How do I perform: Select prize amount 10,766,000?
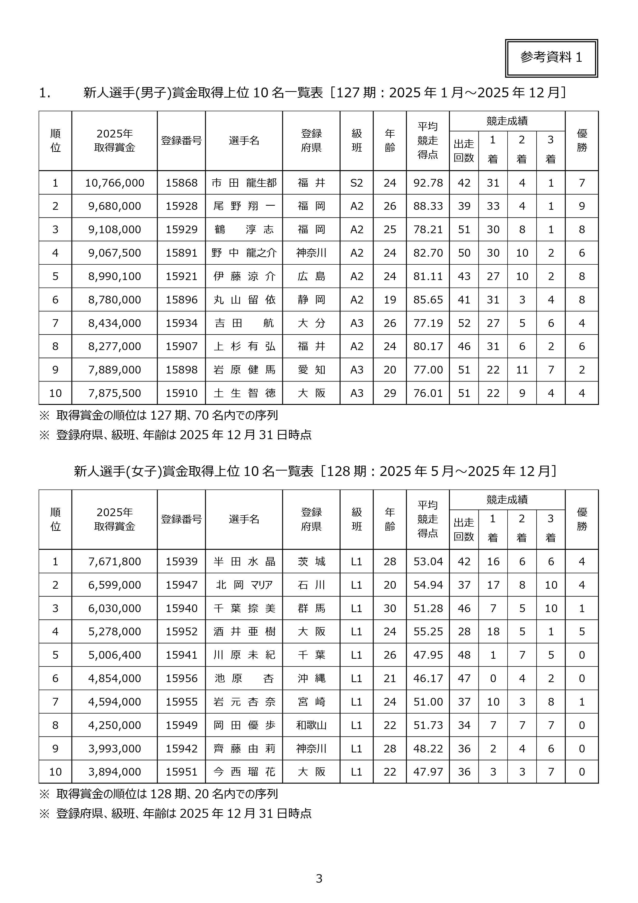coord(114,183)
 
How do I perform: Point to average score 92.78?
coord(428,183)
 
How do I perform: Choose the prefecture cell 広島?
coord(311,276)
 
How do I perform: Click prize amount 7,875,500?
coord(114,393)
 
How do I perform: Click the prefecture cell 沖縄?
coord(311,679)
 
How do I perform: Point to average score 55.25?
coord(428,632)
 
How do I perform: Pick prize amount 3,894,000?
coord(114,772)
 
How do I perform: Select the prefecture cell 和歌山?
coord(311,725)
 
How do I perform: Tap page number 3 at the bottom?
coord(319,879)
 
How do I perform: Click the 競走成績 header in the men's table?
coord(507,121)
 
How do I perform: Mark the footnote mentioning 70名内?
coord(167,415)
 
